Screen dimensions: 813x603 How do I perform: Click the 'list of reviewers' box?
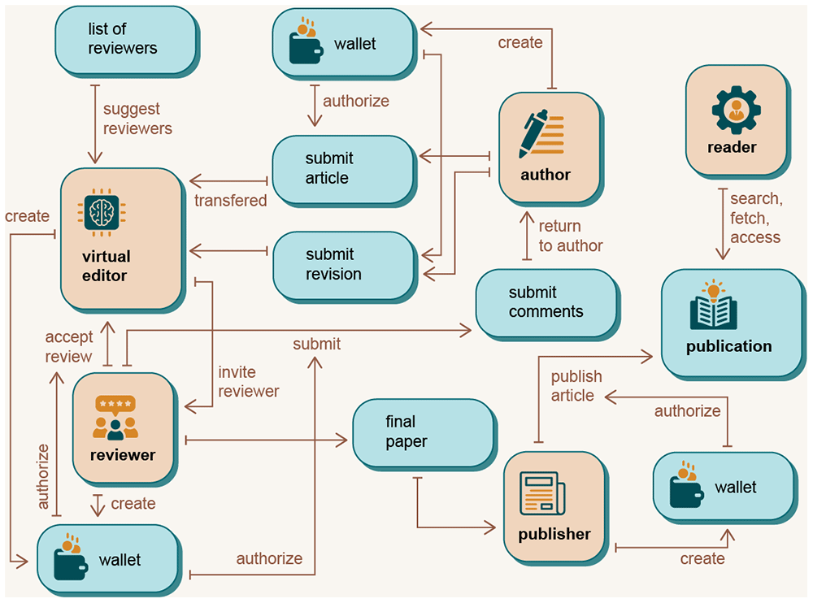(x=127, y=41)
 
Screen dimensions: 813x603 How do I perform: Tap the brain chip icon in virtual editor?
(x=102, y=213)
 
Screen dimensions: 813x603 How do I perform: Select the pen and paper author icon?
(x=541, y=134)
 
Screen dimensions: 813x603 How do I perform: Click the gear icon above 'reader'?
(x=737, y=111)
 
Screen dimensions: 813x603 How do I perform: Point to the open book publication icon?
(x=714, y=305)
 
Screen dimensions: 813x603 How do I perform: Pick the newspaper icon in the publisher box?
(x=542, y=493)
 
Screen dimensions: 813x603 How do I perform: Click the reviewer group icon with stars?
(x=115, y=418)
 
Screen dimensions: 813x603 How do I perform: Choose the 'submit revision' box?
(x=345, y=267)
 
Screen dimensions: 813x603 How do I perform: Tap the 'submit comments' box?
(x=547, y=305)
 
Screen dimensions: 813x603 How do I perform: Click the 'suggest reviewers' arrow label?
(x=137, y=119)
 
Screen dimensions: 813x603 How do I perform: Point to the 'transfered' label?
(x=230, y=201)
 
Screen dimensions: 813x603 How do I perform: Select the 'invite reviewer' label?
(x=248, y=382)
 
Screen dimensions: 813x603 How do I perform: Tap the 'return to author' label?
(x=571, y=236)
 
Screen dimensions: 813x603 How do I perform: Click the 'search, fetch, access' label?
(x=756, y=218)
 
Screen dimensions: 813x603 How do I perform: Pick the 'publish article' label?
(x=576, y=386)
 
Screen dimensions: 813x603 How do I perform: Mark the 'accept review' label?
(x=68, y=346)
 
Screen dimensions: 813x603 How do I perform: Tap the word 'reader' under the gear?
(x=732, y=147)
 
